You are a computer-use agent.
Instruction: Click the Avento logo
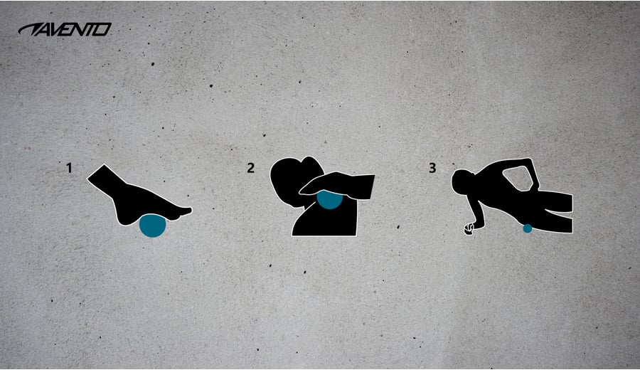65,29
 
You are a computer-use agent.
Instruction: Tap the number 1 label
70,167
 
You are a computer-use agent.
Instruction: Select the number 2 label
250,167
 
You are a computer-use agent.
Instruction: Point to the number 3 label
432,167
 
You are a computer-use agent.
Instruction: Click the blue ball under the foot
153,226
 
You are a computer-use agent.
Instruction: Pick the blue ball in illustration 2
329,200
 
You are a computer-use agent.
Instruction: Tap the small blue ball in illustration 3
528,228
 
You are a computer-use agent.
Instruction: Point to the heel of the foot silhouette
124,217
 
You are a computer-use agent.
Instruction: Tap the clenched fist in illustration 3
469,229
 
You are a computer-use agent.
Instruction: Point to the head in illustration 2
291,180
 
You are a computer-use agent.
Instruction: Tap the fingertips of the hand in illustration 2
305,190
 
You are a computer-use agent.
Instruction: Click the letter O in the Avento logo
105,29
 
